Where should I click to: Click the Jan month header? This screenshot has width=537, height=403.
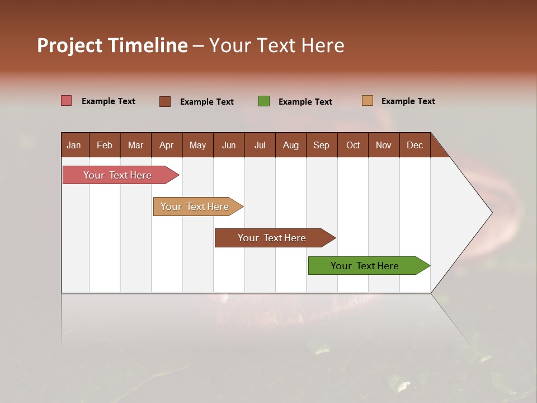[x=74, y=145]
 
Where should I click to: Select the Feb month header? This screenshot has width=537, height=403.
[x=105, y=145]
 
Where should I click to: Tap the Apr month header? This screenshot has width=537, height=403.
[x=167, y=145]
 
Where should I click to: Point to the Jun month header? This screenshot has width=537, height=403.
[x=229, y=145]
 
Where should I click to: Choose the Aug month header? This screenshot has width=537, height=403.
[x=291, y=145]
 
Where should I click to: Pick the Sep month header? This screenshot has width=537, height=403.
[x=321, y=145]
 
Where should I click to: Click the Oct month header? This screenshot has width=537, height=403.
[x=353, y=145]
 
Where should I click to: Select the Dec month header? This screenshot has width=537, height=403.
[x=414, y=145]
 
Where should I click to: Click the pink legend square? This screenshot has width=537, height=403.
[x=66, y=101]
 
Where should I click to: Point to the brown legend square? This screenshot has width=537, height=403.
[x=165, y=101]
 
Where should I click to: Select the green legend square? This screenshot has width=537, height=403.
[x=264, y=101]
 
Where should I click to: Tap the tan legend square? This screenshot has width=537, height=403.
[x=368, y=101]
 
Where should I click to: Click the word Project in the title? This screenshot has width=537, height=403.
[x=69, y=45]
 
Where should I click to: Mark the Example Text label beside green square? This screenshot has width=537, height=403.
[x=305, y=102]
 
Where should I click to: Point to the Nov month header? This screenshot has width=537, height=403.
[x=384, y=145]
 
